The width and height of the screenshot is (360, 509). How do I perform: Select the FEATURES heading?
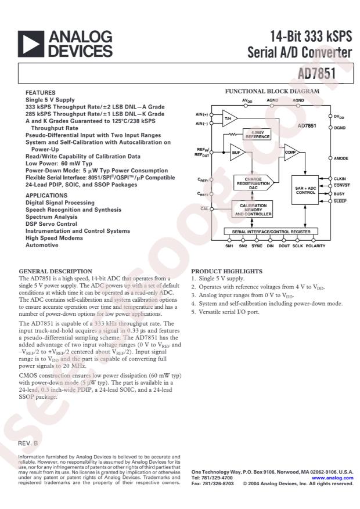tap(41, 93)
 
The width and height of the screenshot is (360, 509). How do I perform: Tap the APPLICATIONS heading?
tap(46, 196)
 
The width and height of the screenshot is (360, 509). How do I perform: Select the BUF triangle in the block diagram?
tap(237, 153)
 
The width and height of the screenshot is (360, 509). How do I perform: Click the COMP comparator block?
tap(290, 152)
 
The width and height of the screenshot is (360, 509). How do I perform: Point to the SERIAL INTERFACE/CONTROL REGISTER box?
tap(271, 232)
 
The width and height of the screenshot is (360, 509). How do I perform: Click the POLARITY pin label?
tap(316, 246)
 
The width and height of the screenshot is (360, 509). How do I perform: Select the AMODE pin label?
tap(341, 158)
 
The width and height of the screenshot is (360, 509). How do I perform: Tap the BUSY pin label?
tap(339, 193)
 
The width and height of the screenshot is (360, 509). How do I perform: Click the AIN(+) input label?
tap(202, 114)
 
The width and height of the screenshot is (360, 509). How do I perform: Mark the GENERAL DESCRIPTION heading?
tap(51, 271)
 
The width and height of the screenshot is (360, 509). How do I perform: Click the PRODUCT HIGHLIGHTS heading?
tap(223, 271)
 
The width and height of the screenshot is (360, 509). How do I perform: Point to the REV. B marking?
tap(28, 443)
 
